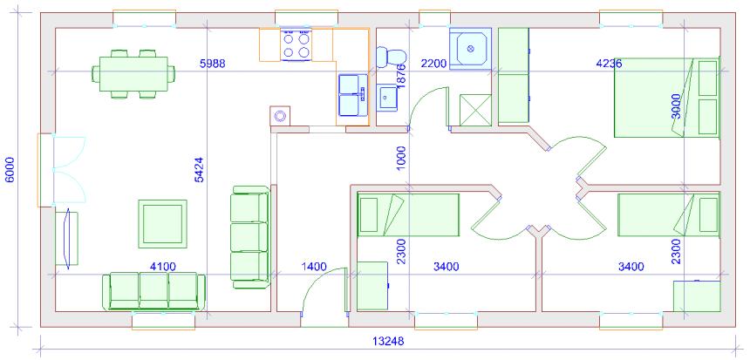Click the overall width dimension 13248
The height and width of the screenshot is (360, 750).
point(388,342)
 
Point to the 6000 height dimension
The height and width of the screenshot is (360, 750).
point(10,170)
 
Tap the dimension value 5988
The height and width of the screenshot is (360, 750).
point(213,63)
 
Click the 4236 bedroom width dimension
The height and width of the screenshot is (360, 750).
point(609,63)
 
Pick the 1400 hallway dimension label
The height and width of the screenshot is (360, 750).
point(313,266)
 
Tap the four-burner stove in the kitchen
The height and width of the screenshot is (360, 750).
point(297,45)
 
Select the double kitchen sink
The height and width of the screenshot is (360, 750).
point(352,96)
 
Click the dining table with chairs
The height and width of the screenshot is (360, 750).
point(133,74)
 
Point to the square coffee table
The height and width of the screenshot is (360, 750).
point(162,224)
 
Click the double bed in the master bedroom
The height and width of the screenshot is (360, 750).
point(667,98)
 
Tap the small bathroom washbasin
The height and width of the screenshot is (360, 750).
point(387,98)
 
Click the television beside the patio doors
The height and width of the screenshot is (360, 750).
point(67,238)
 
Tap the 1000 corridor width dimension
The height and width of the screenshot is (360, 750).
point(401,159)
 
